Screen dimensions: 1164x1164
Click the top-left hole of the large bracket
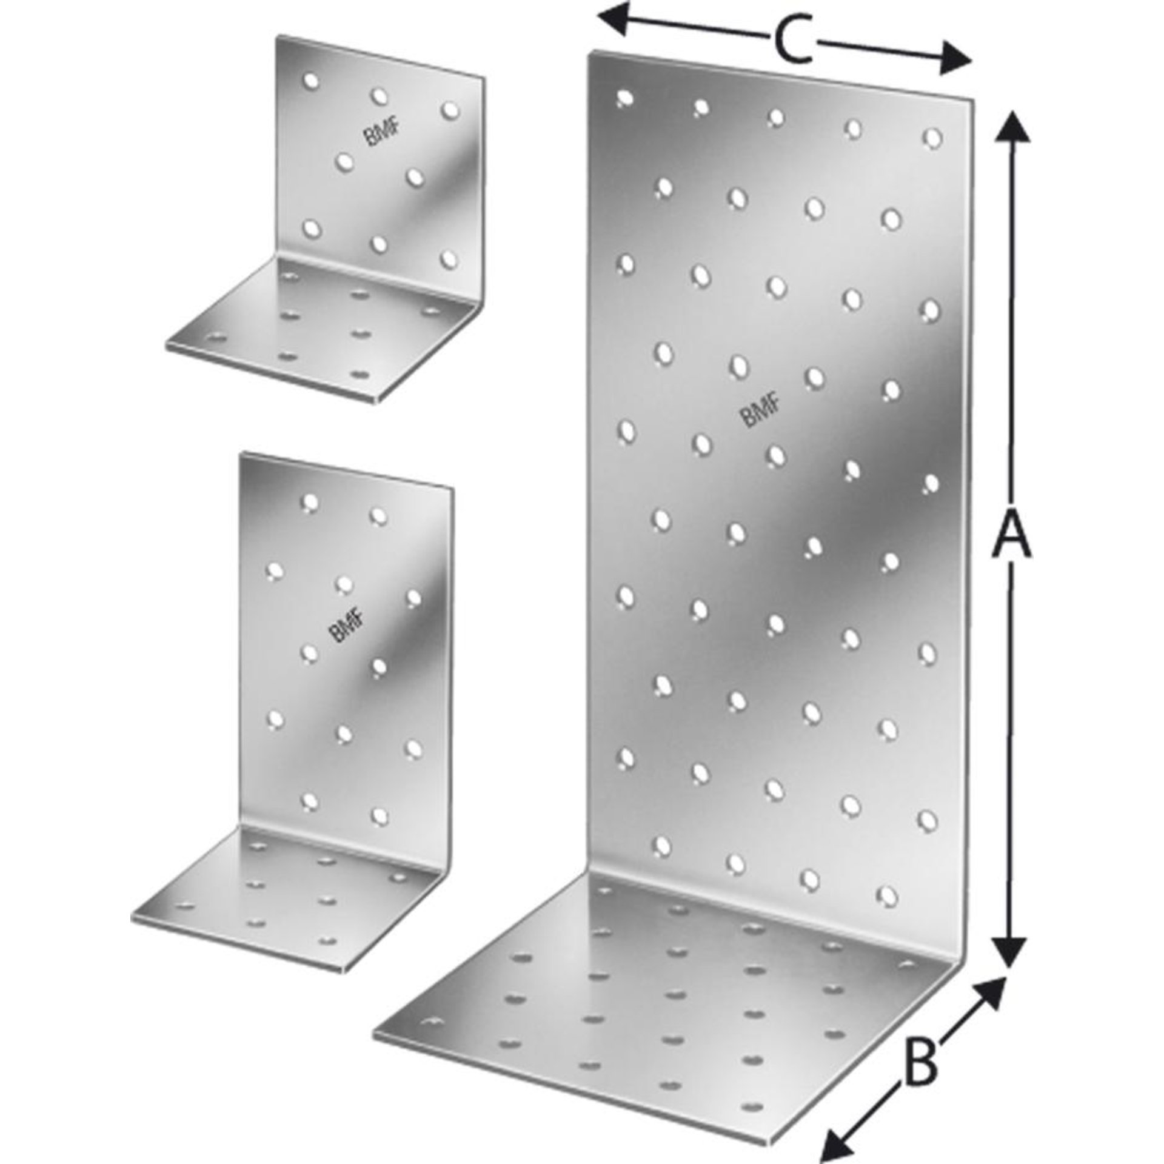pos(624,98)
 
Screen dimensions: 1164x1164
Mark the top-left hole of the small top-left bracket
pos(310,80)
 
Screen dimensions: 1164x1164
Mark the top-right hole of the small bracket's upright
pos(449,109)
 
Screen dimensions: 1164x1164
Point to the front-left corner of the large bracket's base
pos(375,1032)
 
